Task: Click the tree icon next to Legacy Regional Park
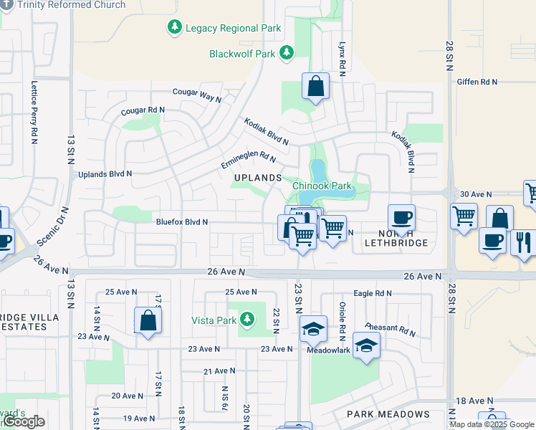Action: coord(174,28)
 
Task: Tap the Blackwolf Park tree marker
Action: coord(287,53)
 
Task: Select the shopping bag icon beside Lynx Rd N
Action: coord(315,87)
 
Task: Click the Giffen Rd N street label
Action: coord(477,82)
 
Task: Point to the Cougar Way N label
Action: coord(197,96)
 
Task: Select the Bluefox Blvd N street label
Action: coord(182,222)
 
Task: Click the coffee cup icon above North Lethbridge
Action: coord(401,217)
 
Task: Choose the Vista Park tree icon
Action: coord(248,318)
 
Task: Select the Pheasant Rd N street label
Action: coord(391,330)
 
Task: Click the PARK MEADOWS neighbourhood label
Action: coord(388,414)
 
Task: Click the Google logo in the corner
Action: coord(24,421)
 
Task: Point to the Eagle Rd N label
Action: coord(373,293)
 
